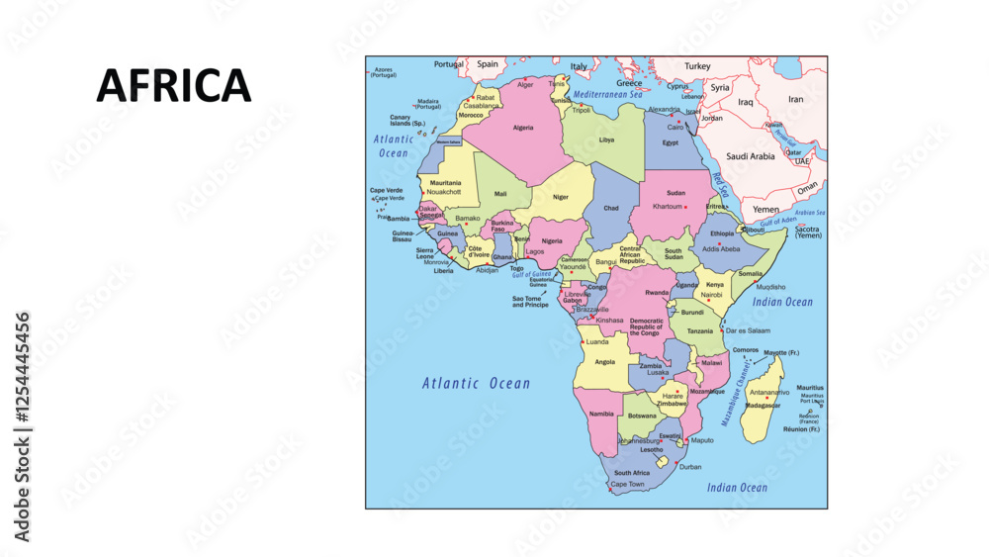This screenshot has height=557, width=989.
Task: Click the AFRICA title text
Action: (174, 86)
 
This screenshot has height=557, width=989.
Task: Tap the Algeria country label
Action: (523, 128)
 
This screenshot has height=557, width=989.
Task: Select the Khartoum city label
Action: (668, 207)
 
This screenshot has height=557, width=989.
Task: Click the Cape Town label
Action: (627, 485)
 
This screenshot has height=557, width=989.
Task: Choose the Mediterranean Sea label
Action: (622, 93)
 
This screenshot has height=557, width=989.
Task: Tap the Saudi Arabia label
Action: (751, 156)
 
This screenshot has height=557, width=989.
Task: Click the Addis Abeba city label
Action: (721, 249)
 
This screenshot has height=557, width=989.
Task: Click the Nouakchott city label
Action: (444, 192)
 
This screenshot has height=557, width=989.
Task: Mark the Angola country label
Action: (604, 362)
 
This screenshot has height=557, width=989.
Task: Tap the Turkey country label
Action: (697, 66)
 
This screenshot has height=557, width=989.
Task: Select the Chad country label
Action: (611, 208)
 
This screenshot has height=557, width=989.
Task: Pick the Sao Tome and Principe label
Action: (530, 302)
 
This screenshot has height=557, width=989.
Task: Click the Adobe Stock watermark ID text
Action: (22, 427)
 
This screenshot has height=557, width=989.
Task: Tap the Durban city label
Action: (689, 467)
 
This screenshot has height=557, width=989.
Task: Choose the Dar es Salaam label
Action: (747, 330)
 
